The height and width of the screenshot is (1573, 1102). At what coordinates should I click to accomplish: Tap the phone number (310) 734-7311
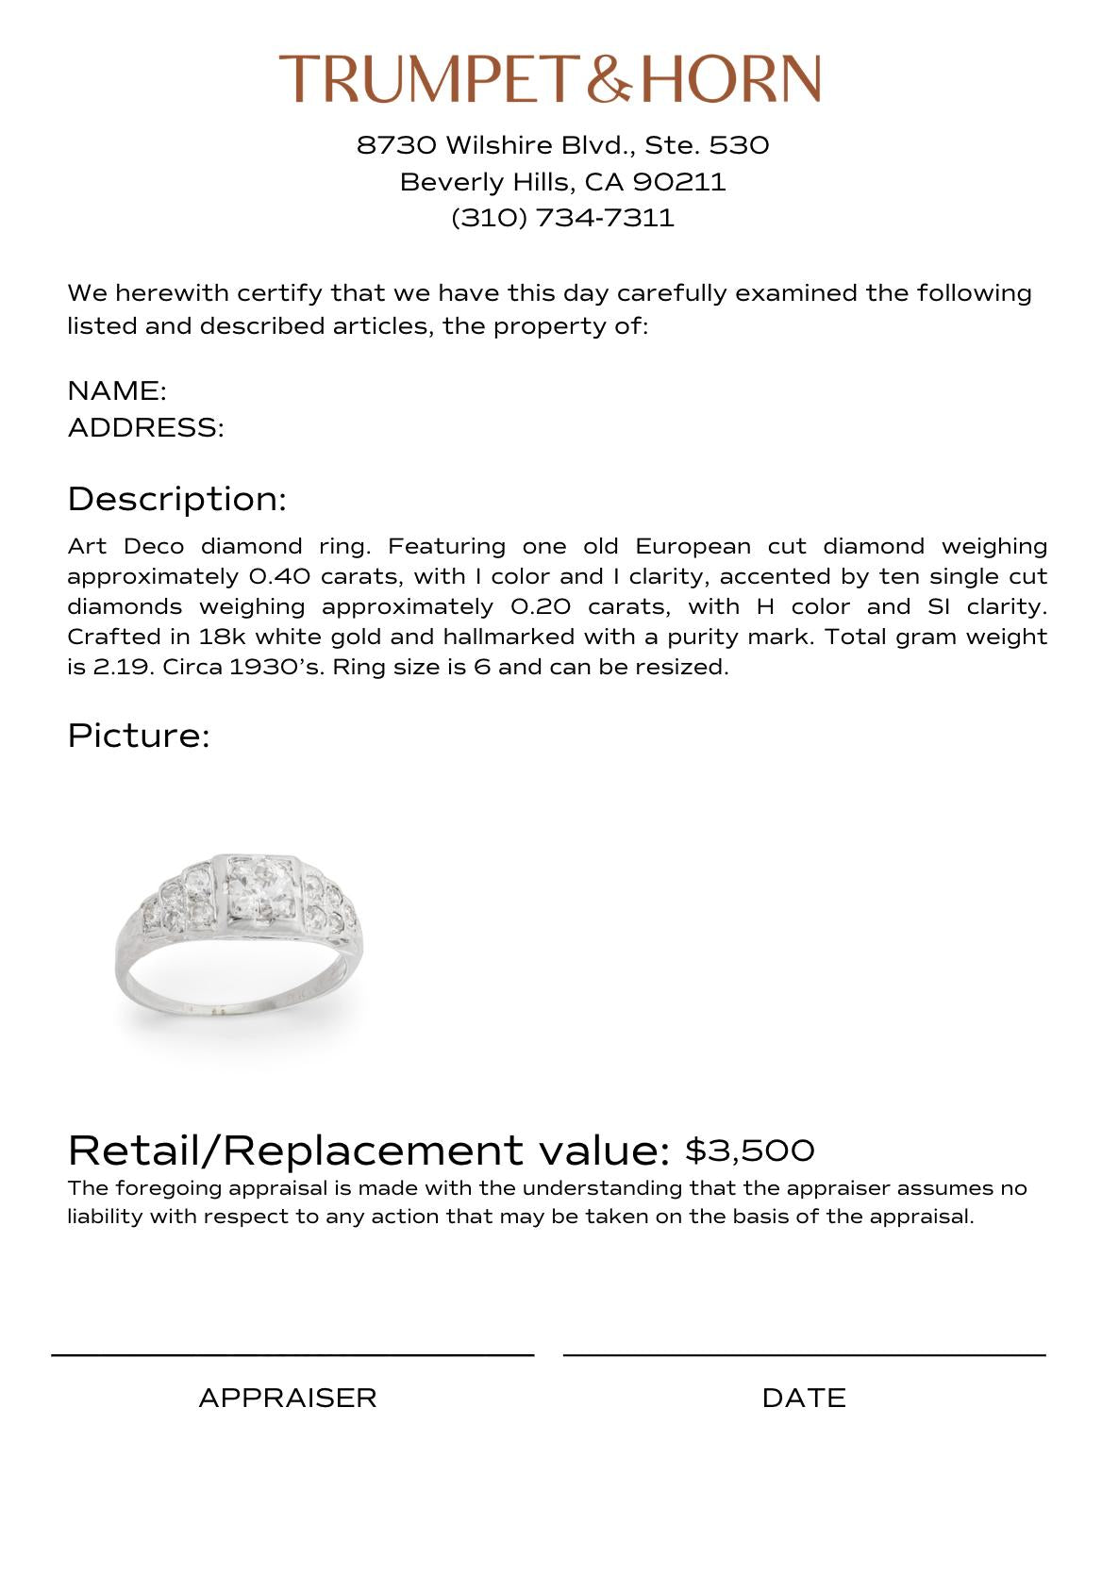[x=563, y=218]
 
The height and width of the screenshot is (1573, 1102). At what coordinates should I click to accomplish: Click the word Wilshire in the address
[x=498, y=145]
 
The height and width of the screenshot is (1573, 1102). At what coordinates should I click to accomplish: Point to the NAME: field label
[x=117, y=390]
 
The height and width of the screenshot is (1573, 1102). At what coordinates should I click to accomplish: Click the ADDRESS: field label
[x=146, y=427]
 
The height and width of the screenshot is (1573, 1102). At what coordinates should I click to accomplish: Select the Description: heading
[x=176, y=499]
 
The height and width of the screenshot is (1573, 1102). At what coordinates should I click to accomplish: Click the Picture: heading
[x=138, y=736]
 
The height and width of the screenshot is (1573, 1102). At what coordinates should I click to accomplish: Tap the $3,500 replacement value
[x=749, y=1151]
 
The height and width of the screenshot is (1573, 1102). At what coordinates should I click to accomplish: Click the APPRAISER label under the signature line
[x=288, y=1398]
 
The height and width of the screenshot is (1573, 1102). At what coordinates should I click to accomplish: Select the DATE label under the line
[x=804, y=1398]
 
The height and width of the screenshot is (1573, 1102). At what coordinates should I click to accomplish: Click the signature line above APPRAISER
[x=292, y=1355]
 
